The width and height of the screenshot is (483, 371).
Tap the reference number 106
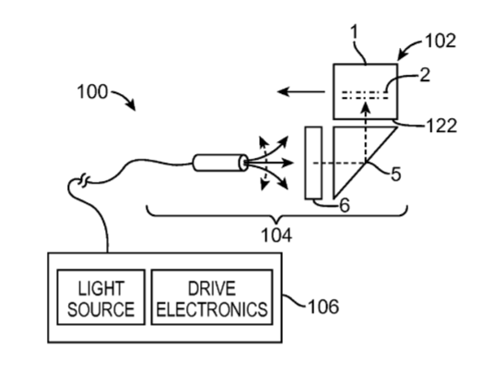tap(324, 306)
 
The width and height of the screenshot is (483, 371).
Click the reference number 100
tap(92, 92)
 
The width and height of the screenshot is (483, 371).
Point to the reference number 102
tap(441, 41)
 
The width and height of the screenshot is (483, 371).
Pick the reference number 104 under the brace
tap(277, 235)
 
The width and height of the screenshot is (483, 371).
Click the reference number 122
tap(442, 126)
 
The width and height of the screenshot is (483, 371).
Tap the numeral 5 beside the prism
tap(395, 174)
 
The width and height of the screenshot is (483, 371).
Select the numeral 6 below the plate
tap(345, 205)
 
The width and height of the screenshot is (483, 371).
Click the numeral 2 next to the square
tap(425, 75)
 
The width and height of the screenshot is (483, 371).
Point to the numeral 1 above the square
tap(355, 32)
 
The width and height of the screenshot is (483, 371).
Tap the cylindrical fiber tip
tap(220, 162)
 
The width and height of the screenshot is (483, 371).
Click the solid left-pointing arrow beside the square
tap(301, 91)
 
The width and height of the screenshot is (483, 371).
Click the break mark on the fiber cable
tap(84, 180)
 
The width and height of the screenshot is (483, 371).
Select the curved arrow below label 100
tap(125, 98)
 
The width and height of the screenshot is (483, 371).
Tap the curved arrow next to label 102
tap(409, 48)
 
